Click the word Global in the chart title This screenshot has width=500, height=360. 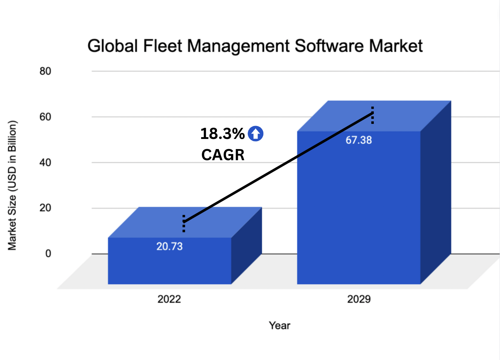pyautogui.click(x=113, y=46)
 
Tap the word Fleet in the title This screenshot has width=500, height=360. pyautogui.click(x=163, y=46)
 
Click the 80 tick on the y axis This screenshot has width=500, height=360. pyautogui.click(x=45, y=71)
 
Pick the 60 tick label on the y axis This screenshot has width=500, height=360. pyautogui.click(x=45, y=117)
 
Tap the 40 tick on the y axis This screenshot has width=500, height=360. pyautogui.click(x=45, y=163)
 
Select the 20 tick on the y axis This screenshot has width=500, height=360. pyautogui.click(x=45, y=208)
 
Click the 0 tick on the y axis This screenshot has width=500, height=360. pyautogui.click(x=48, y=254)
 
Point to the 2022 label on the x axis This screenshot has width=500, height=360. pyautogui.click(x=169, y=299)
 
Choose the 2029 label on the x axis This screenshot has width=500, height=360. pyautogui.click(x=359, y=299)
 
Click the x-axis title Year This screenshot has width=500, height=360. pyautogui.click(x=279, y=325)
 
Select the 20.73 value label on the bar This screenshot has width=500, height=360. pyautogui.click(x=169, y=247)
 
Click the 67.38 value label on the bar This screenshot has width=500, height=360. pyautogui.click(x=359, y=140)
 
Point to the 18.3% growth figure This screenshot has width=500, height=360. pyautogui.click(x=222, y=134)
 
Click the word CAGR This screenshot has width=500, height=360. pyautogui.click(x=223, y=155)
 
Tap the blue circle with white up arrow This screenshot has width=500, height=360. pyautogui.click(x=255, y=134)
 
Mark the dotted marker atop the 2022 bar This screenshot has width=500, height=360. pyautogui.click(x=184, y=223)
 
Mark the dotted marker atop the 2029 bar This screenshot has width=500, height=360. pyautogui.click(x=373, y=115)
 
